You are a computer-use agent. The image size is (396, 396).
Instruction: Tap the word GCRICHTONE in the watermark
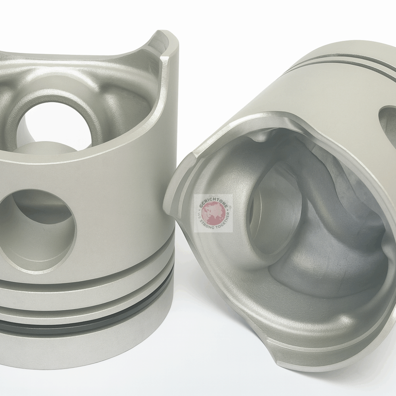point(213,200)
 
